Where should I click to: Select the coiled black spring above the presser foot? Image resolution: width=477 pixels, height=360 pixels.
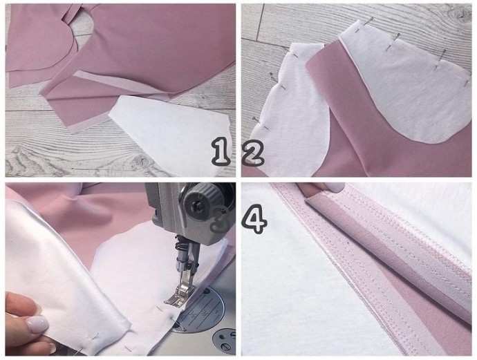point(180,245)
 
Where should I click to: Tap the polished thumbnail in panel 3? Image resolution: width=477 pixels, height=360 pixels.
point(37,324)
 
